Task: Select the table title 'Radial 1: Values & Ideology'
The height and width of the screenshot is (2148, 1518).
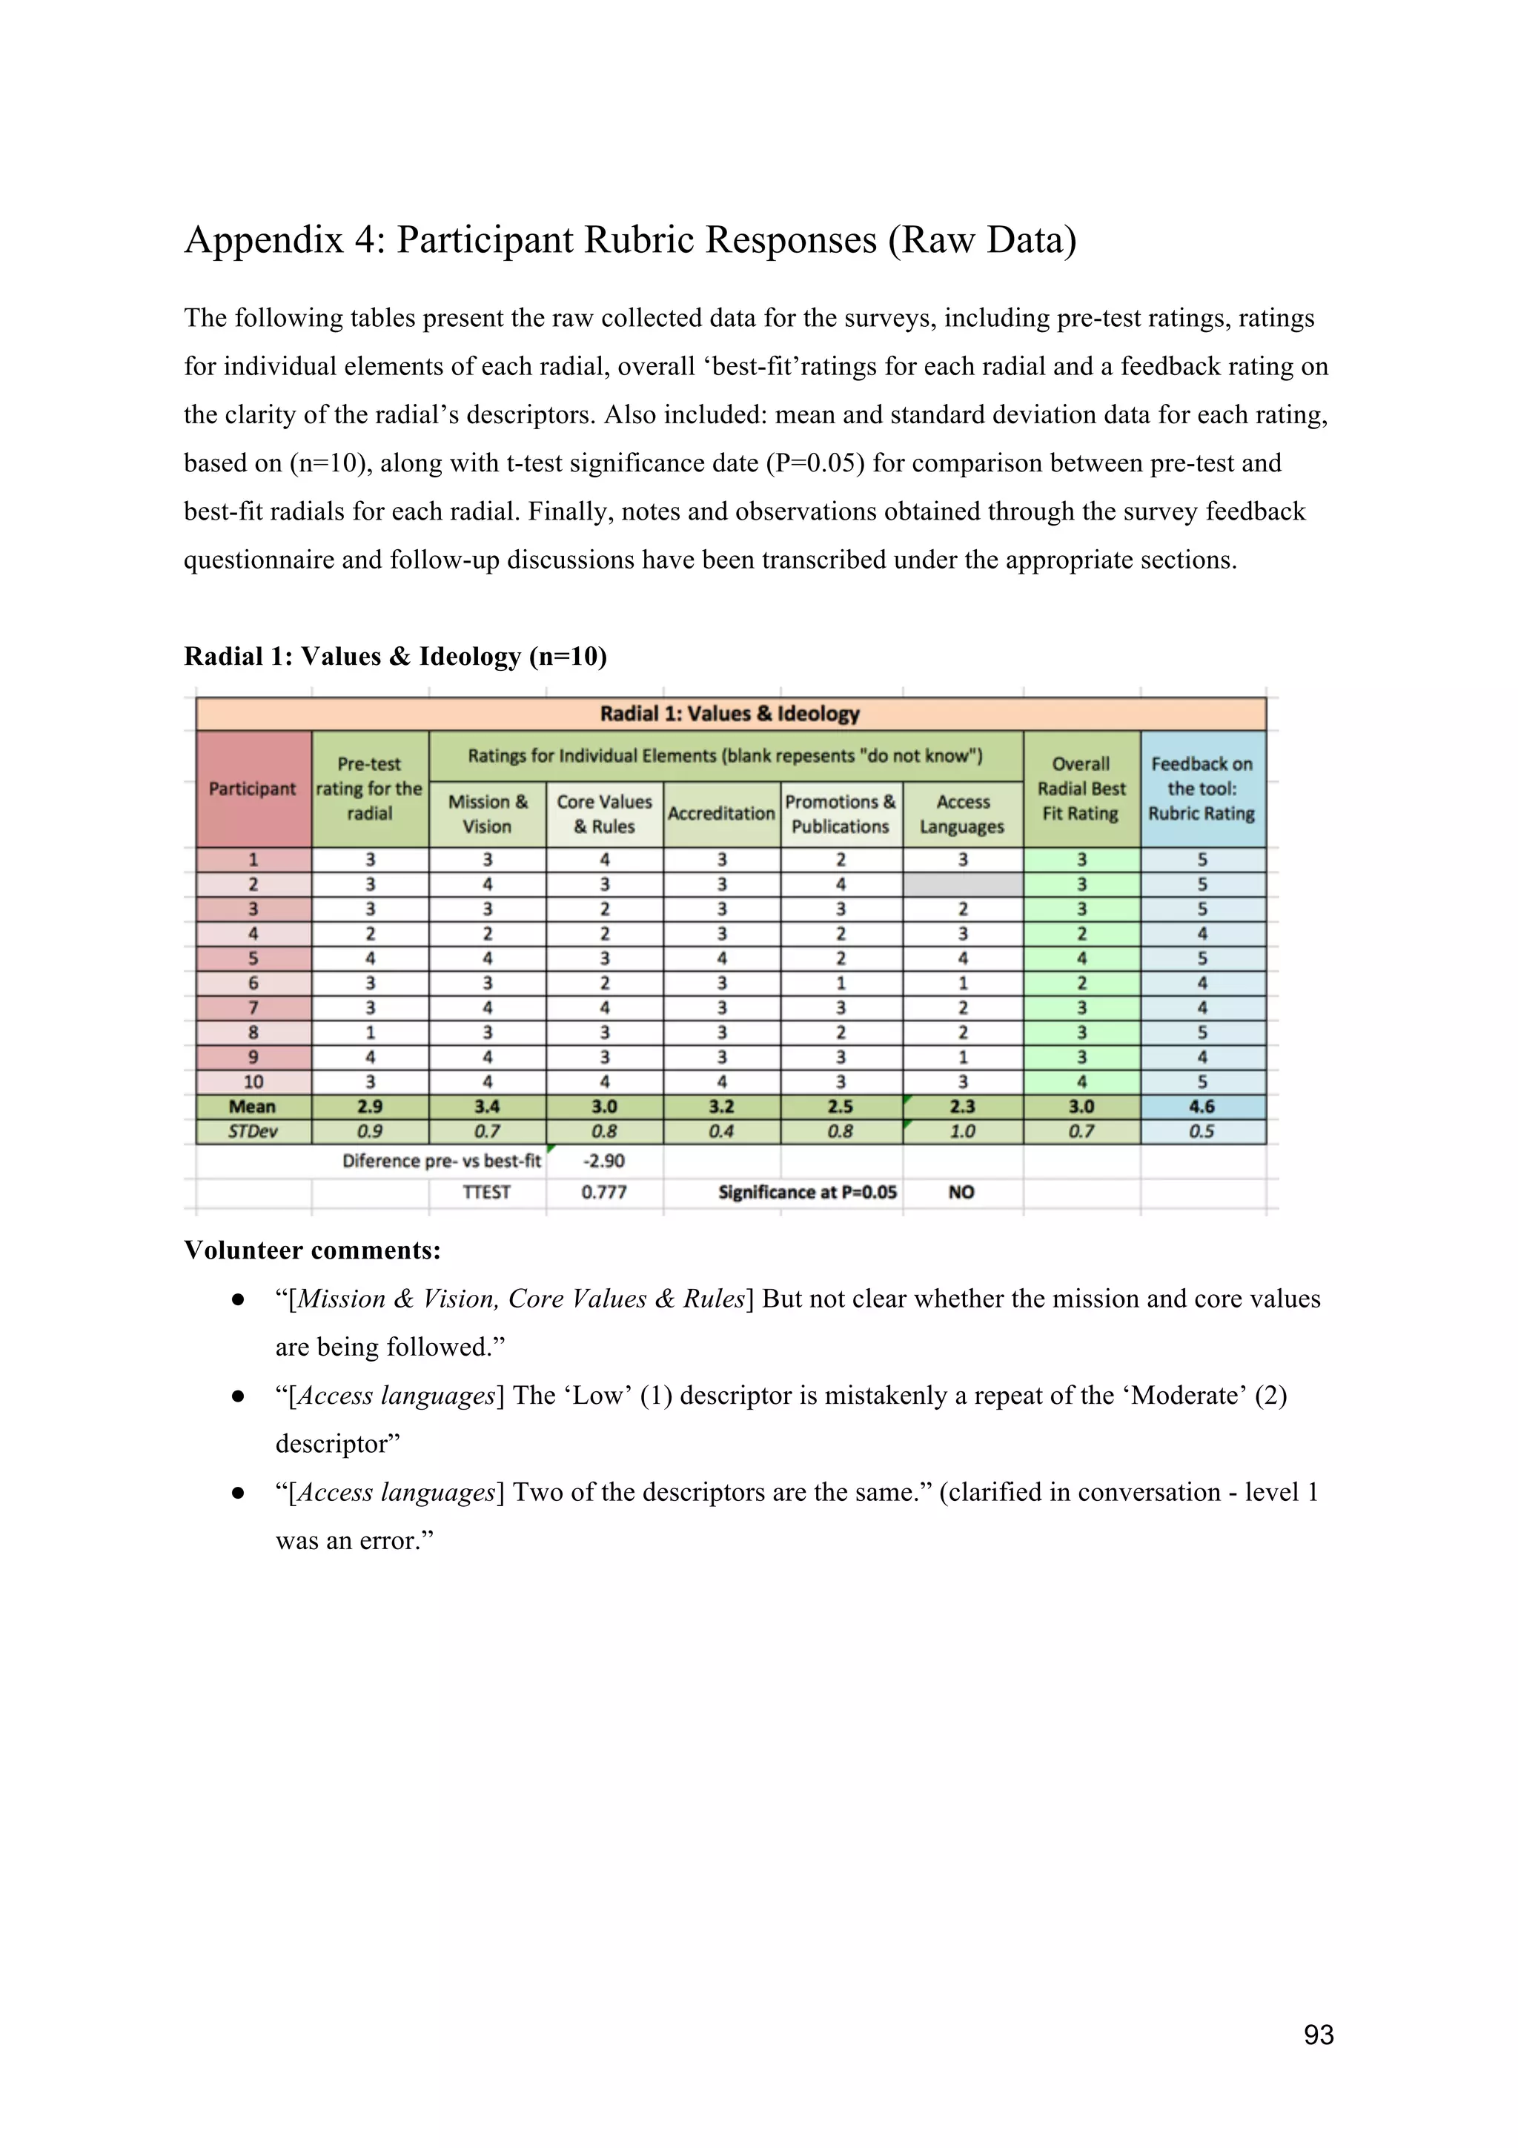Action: pyautogui.click(x=729, y=714)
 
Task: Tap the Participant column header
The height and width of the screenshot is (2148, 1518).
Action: pyautogui.click(x=253, y=789)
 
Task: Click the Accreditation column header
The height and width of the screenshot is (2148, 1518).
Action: pyautogui.click(x=721, y=814)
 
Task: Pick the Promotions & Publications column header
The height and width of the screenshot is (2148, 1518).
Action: pyautogui.click(x=840, y=814)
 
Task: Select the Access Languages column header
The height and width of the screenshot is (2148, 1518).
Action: pyautogui.click(x=962, y=814)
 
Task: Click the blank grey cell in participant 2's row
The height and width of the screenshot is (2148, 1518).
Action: pyautogui.click(x=962, y=884)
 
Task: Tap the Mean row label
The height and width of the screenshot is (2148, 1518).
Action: pyautogui.click(x=253, y=1107)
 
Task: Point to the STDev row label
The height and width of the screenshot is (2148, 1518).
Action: pyautogui.click(x=253, y=1131)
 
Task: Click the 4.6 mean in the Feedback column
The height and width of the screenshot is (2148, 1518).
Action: pyautogui.click(x=1201, y=1107)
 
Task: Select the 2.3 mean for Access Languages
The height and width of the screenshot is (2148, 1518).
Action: pyautogui.click(x=962, y=1107)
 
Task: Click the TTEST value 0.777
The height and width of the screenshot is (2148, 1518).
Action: pyautogui.click(x=603, y=1192)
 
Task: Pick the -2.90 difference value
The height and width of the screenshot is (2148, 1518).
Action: pyautogui.click(x=603, y=1161)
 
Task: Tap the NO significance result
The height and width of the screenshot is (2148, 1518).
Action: pyautogui.click(x=961, y=1192)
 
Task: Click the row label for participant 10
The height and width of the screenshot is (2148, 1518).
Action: pyautogui.click(x=253, y=1081)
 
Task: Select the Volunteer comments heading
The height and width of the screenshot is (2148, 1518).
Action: pyautogui.click(x=311, y=1251)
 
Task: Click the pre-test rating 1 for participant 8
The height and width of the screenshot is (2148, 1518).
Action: pyautogui.click(x=371, y=1032)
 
